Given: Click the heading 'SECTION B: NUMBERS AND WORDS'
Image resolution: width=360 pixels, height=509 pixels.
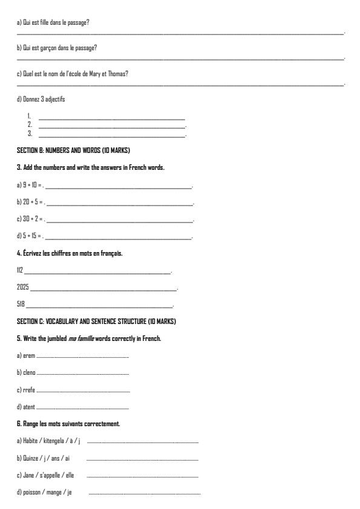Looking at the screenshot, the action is tap(64, 150).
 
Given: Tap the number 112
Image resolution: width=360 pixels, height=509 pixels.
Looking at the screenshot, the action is tap(20, 270).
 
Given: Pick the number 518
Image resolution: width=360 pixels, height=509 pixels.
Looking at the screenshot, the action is tap(21, 304).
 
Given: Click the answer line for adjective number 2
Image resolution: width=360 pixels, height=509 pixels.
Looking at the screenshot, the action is tap(112, 125).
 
